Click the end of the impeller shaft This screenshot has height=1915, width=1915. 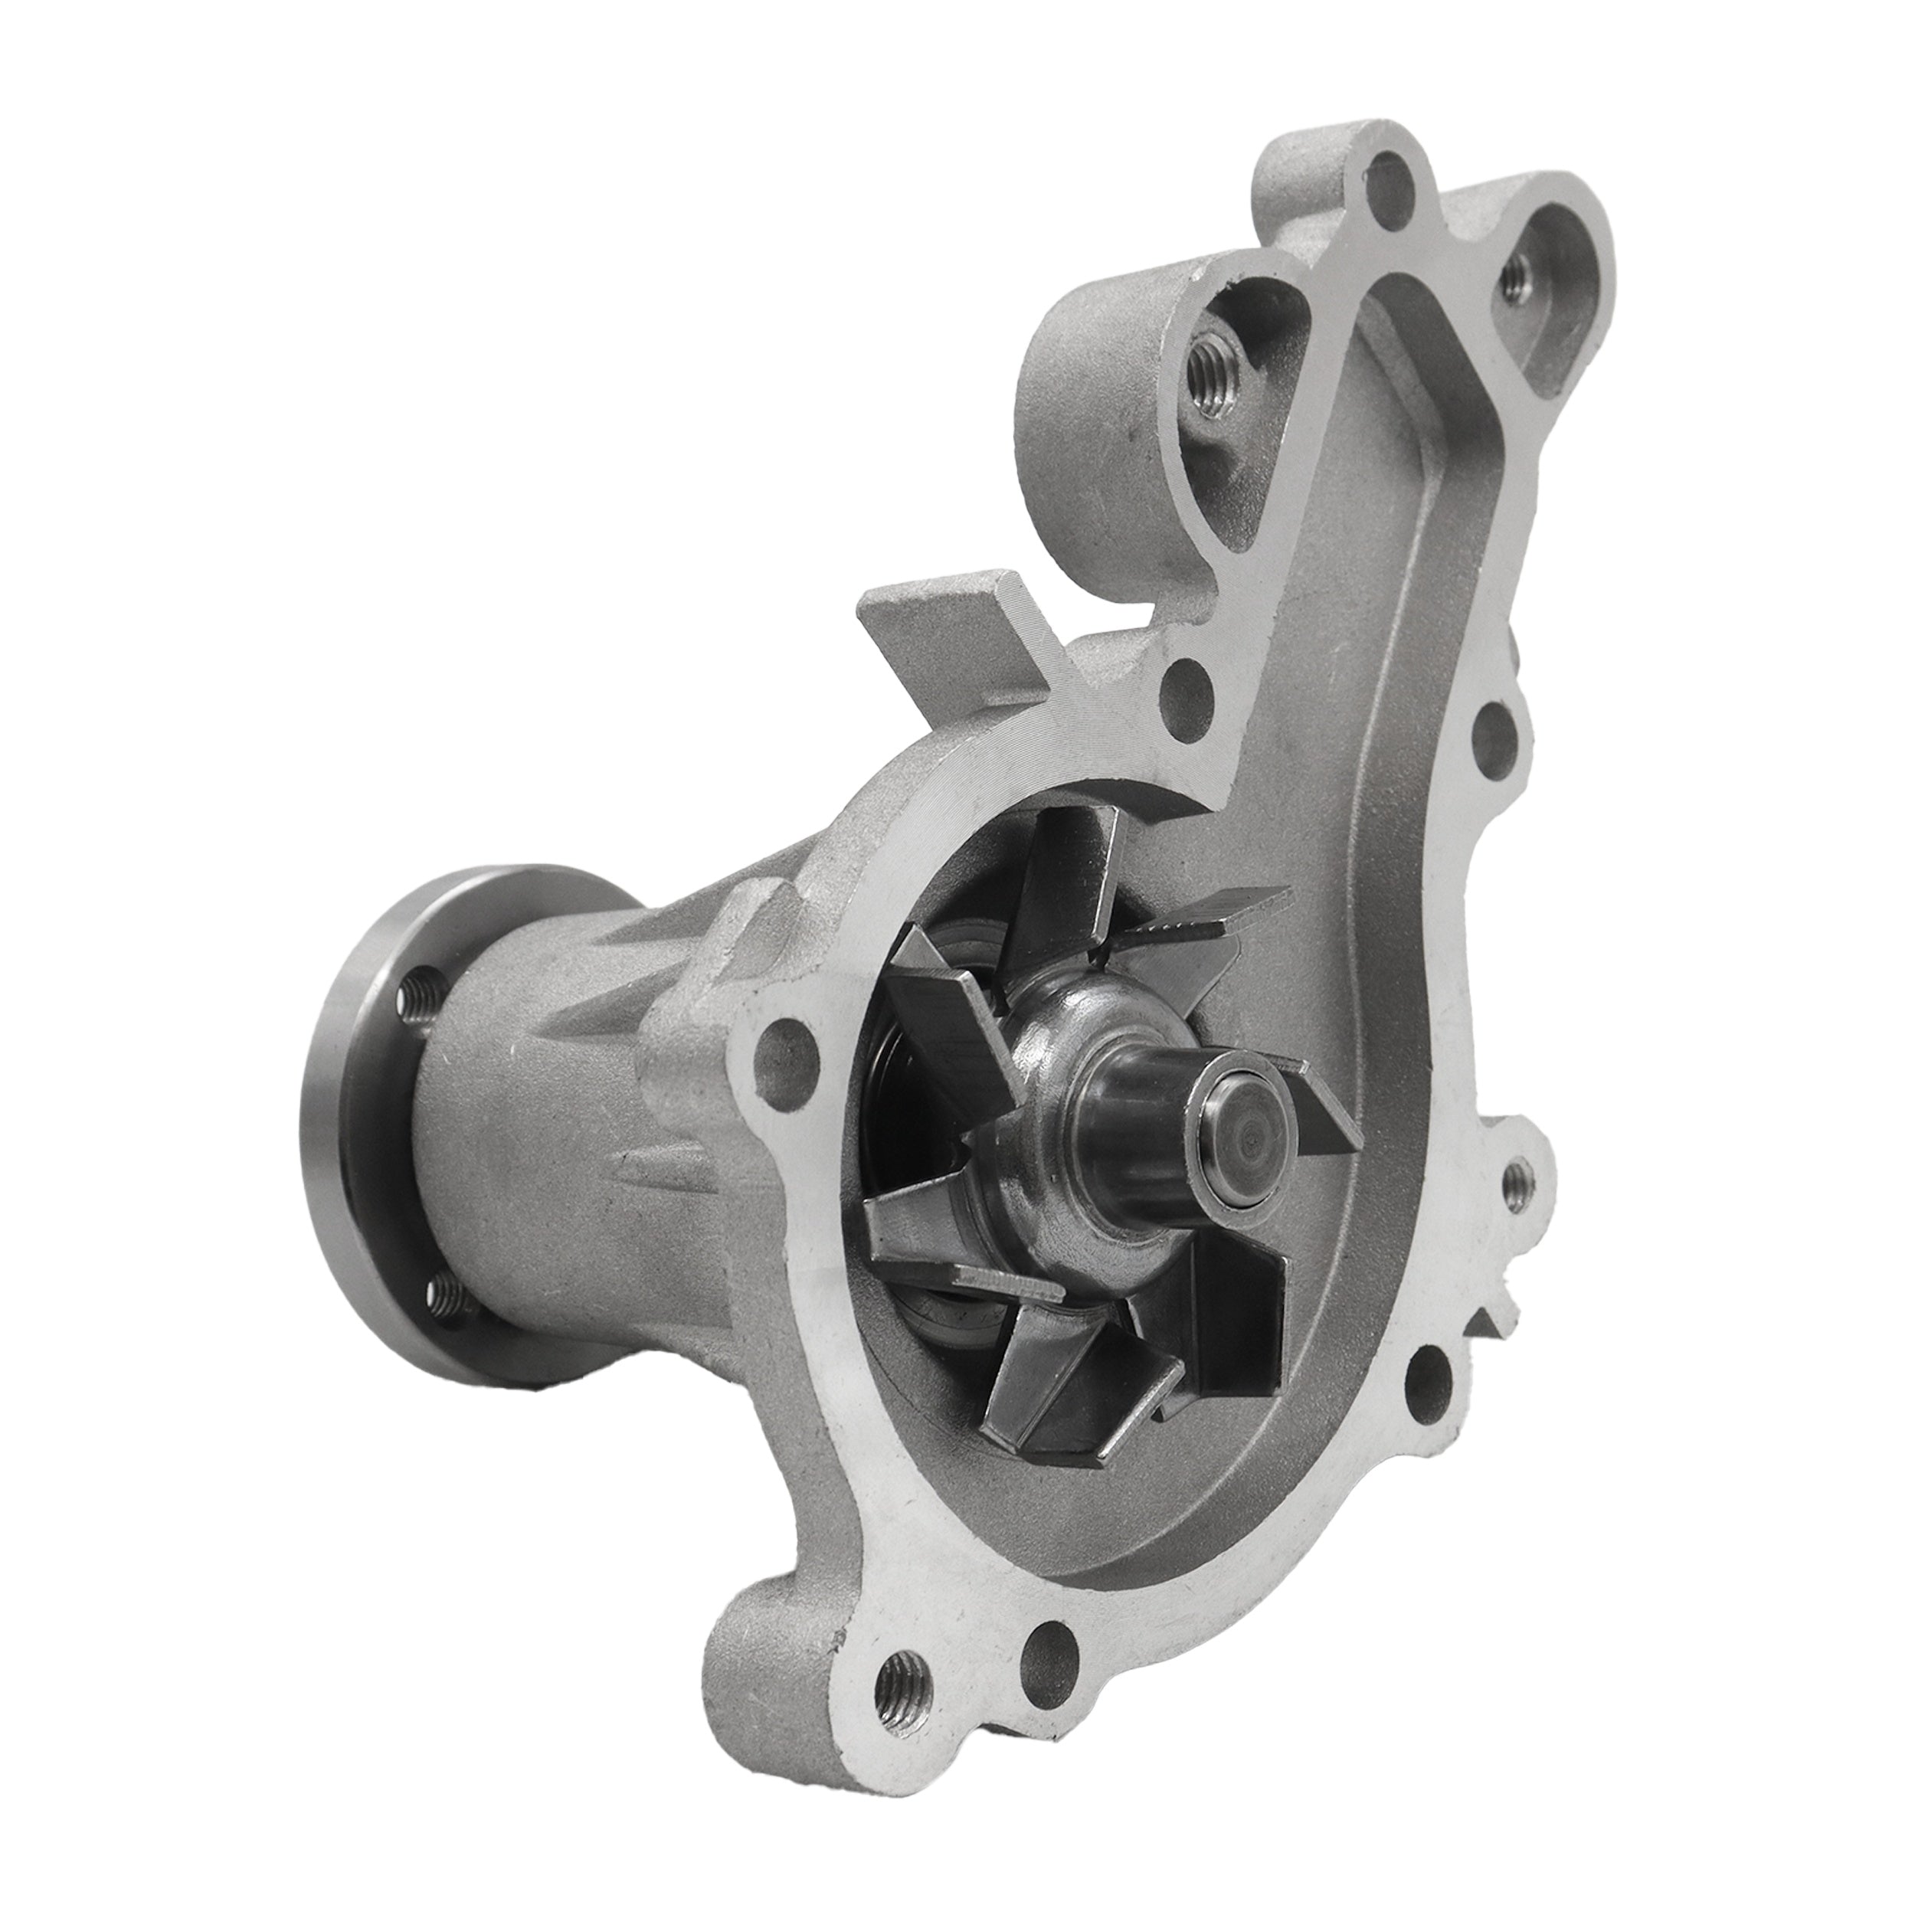(x=1241, y=1133)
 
